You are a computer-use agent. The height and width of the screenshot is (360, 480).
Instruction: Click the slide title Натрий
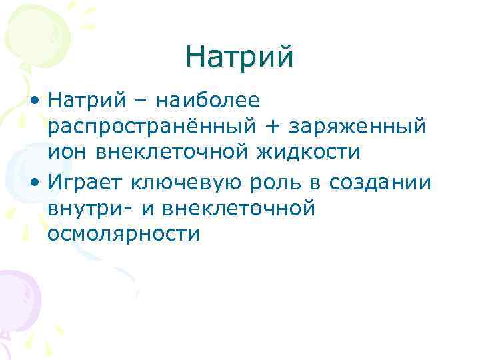coord(240,55)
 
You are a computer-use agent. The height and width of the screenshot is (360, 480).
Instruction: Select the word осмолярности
coord(123,233)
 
